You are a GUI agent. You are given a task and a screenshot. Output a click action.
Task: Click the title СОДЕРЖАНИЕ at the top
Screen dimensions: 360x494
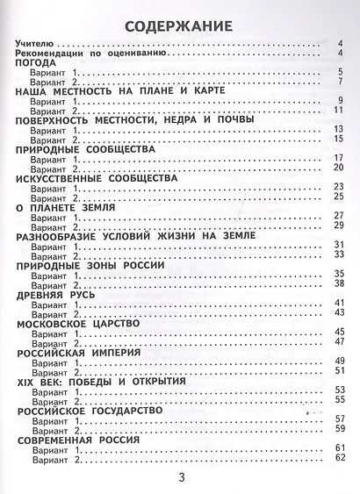click(x=179, y=25)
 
